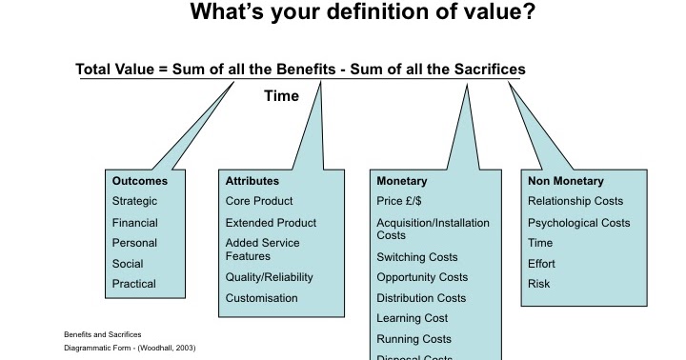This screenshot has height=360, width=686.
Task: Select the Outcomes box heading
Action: pyautogui.click(x=139, y=180)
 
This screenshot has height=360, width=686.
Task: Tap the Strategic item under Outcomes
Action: pyautogui.click(x=134, y=201)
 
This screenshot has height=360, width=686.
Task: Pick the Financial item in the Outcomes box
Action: pyautogui.click(x=134, y=222)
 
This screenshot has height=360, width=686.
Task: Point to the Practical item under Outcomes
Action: pyautogui.click(x=133, y=283)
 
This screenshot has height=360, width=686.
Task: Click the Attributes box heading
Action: pyautogui.click(x=252, y=180)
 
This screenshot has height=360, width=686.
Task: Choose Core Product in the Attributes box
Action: pyautogui.click(x=258, y=201)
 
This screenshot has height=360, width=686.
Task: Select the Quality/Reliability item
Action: pyautogui.click(x=269, y=277)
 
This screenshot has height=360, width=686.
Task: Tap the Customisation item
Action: pyautogui.click(x=261, y=298)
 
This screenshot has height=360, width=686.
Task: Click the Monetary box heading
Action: pyautogui.click(x=401, y=180)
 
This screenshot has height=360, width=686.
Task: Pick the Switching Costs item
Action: pyautogui.click(x=416, y=257)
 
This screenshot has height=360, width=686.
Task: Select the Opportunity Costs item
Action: pyautogui.click(x=422, y=277)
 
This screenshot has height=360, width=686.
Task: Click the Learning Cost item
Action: pyautogui.click(x=412, y=318)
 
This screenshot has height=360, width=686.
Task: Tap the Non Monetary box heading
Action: pyautogui.click(x=565, y=180)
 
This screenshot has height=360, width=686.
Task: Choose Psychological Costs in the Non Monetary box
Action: pyautogui.click(x=578, y=222)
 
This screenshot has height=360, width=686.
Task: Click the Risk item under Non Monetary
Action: pyautogui.click(x=539, y=283)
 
